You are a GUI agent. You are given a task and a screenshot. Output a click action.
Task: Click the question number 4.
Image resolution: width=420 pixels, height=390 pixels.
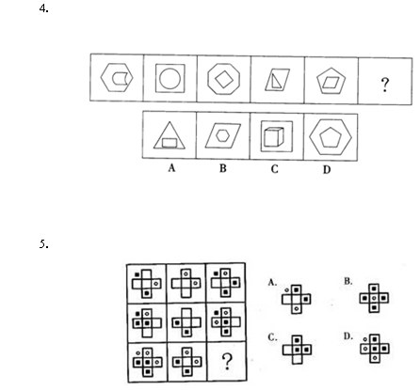coord(43,8)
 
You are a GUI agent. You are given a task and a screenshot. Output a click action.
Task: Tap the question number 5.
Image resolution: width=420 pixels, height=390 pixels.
coord(43,244)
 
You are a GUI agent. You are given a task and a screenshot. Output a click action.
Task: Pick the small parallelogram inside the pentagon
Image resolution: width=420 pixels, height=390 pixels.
coord(331,83)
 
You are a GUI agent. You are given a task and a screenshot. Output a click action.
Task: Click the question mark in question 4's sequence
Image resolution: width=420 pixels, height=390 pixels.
coord(385,85)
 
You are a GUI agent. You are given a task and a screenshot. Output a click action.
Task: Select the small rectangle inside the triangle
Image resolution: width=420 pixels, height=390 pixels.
coord(170,143)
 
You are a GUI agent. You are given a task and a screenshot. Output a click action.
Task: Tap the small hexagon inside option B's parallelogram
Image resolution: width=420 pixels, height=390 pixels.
coord(222,135)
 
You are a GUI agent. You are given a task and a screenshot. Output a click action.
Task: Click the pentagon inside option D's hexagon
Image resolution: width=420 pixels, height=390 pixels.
coord(331,137)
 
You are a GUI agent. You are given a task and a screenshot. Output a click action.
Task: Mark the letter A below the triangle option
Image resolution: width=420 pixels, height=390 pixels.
coord(171,168)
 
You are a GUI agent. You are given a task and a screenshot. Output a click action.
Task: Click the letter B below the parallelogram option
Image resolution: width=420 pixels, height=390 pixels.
coord(223,168)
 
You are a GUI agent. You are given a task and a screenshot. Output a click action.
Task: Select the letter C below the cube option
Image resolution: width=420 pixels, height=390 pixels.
coord(274,169)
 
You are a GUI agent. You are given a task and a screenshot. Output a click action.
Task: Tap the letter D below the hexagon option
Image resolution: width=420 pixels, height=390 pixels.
coord(327,169)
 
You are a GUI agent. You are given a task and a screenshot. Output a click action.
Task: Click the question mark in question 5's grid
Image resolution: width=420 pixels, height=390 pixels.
coord(227,362)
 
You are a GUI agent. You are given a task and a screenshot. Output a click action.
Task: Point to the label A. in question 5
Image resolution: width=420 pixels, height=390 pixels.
coord(272,283)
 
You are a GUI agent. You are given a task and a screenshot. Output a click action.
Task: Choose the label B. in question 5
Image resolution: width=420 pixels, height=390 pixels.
coord(347,281)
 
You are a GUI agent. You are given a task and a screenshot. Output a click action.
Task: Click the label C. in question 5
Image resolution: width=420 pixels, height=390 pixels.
coord(272,337)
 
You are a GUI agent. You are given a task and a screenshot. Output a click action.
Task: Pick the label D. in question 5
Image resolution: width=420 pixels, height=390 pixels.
coord(347,336)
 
